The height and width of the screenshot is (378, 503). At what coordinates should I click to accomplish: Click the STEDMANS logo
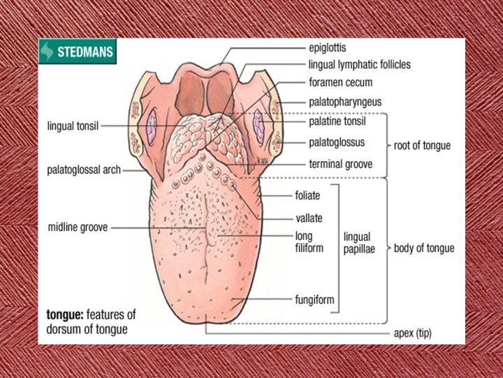pyautogui.click(x=77, y=52)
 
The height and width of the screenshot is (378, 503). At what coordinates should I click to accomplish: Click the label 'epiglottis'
pyautogui.click(x=328, y=48)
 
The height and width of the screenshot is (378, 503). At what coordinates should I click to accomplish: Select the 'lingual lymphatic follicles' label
pyautogui.click(x=359, y=64)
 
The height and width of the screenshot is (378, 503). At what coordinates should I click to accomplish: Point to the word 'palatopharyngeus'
pyautogui.click(x=345, y=101)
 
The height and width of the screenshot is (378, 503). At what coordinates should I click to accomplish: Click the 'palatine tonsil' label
pyautogui.click(x=337, y=121)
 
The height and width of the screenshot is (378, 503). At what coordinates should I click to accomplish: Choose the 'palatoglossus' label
pyautogui.click(x=337, y=142)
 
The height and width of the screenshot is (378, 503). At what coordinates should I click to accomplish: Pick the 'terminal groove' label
pyautogui.click(x=340, y=164)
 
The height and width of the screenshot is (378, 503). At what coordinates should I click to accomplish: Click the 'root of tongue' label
pyautogui.click(x=423, y=146)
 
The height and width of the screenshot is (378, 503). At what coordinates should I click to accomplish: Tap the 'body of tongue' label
pyautogui.click(x=423, y=248)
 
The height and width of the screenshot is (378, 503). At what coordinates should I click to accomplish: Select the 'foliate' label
pyautogui.click(x=307, y=196)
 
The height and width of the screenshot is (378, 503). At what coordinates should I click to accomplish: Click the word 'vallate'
pyautogui.click(x=309, y=218)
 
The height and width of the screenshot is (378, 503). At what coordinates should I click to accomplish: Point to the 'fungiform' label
pyautogui.click(x=314, y=300)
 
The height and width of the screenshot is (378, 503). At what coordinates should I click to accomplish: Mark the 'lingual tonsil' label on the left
pyautogui.click(x=73, y=127)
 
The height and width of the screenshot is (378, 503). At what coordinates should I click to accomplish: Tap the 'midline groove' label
pyautogui.click(x=78, y=227)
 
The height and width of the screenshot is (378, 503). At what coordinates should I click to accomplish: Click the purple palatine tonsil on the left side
pyautogui.click(x=153, y=127)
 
